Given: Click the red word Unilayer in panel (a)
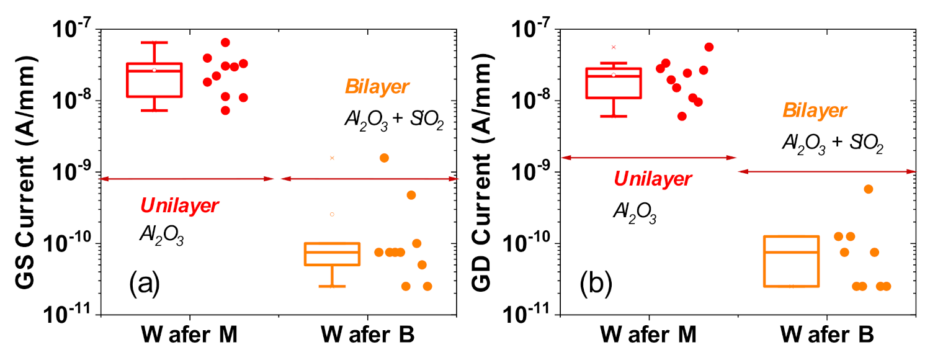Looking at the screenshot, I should point(179,205).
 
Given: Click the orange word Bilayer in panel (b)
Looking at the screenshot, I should point(814,111).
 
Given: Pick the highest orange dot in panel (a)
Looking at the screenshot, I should point(384,158).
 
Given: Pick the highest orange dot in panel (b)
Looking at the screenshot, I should point(869,189).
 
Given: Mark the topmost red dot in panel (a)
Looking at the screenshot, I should point(225,42).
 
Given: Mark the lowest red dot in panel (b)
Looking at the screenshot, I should point(682,116).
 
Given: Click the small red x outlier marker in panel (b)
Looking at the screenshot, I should point(614,47).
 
